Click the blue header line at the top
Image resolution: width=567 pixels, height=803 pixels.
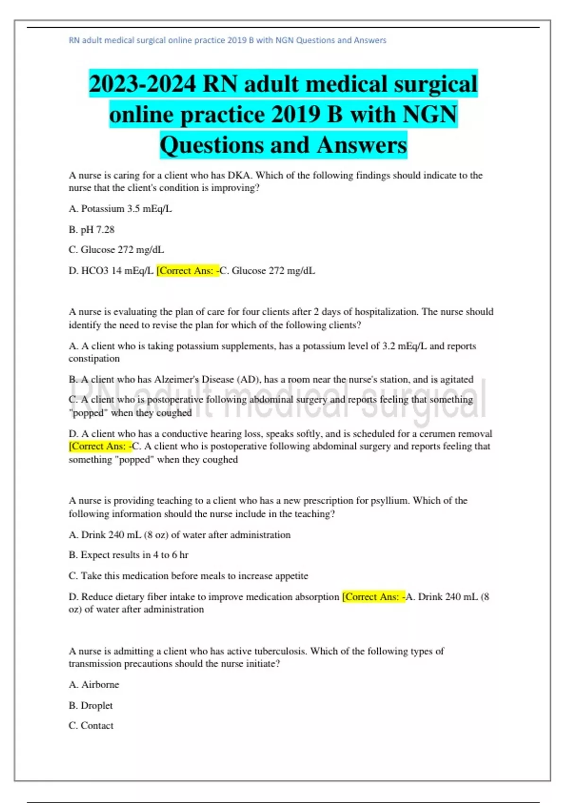227,41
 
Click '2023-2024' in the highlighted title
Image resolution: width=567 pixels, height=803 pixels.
142,85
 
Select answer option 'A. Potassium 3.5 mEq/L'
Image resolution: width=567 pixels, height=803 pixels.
120,209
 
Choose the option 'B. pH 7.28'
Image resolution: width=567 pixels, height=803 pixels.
92,230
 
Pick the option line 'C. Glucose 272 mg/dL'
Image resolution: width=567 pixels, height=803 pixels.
116,250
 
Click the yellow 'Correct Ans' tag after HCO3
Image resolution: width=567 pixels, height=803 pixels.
188,271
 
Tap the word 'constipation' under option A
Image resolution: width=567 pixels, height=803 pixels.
94,359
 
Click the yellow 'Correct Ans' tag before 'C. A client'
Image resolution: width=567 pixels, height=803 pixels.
100,446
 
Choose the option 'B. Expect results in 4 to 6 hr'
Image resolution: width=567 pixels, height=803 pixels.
129,555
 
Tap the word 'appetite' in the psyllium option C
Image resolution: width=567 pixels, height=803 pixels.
289,576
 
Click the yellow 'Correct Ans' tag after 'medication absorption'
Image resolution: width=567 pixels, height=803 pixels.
373,597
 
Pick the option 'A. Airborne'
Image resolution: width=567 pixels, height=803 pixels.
94,685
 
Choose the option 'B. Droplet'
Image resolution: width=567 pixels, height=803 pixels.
91,706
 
